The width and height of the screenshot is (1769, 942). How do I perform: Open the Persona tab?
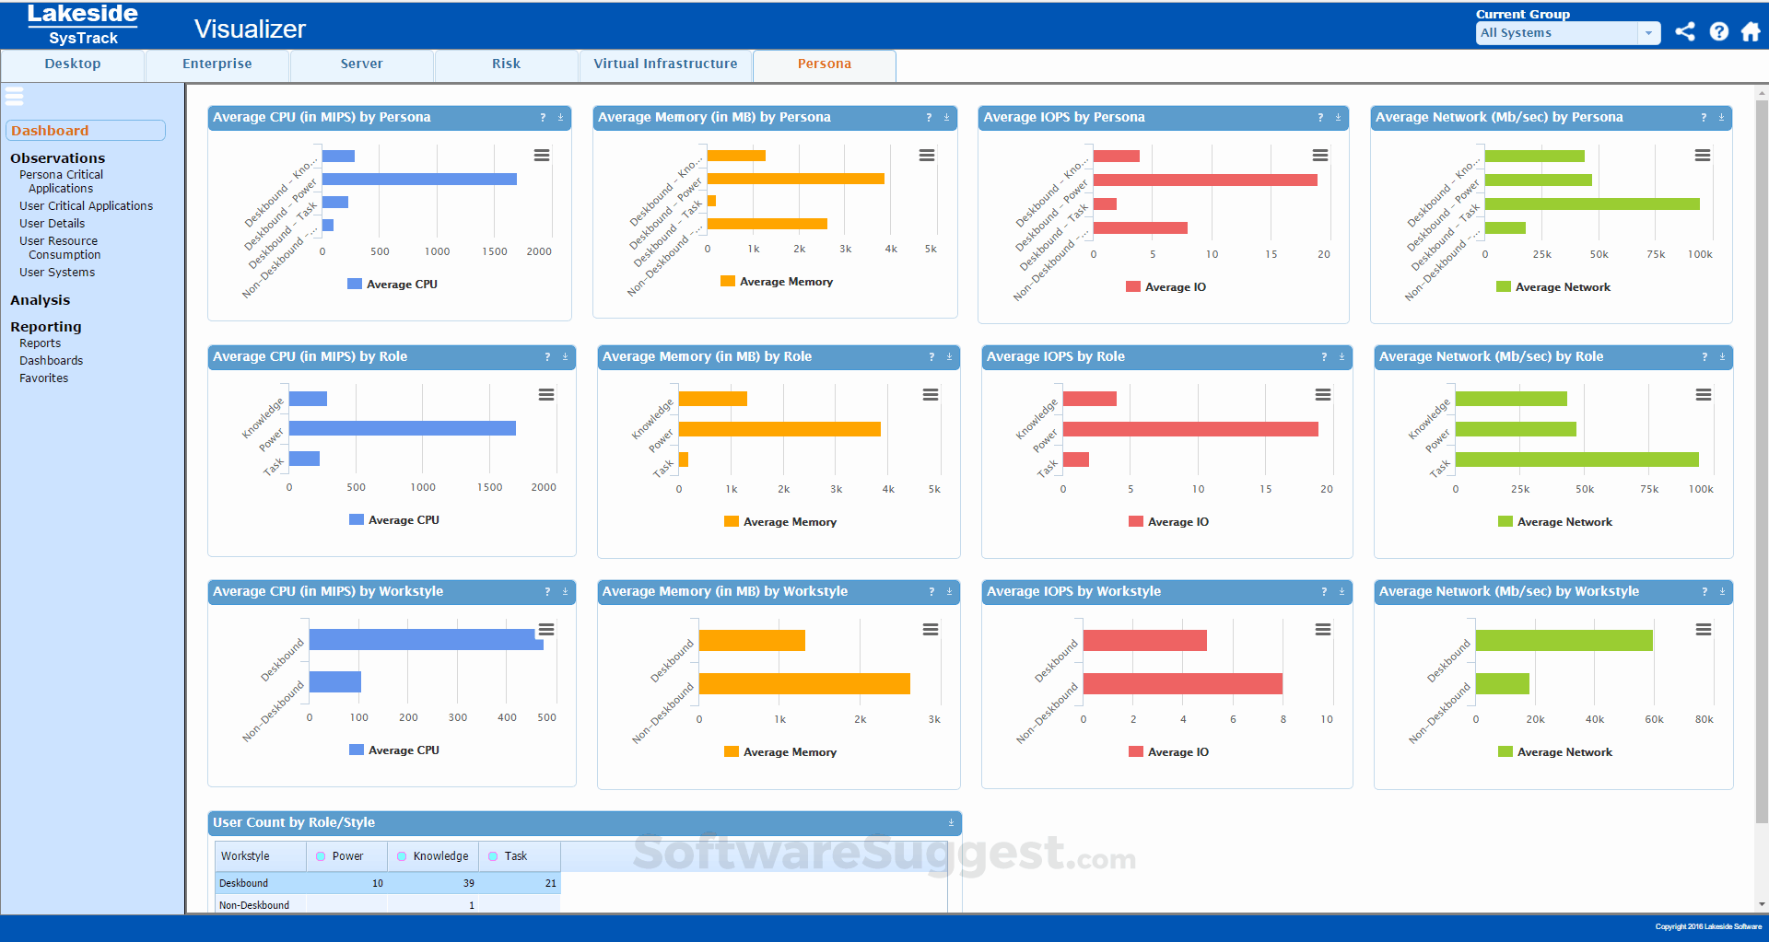pos(824,64)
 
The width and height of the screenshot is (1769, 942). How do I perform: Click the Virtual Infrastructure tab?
pos(665,64)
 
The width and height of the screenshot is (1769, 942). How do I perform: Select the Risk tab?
pos(506,64)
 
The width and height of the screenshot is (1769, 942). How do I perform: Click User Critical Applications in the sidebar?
pos(86,206)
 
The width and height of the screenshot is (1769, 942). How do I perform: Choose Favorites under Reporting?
pos(43,378)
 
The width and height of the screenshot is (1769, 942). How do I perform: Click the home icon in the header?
pos(1750,32)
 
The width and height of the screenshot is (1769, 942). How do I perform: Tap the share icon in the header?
pos(1684,32)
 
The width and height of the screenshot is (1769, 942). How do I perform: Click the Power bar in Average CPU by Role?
pos(402,428)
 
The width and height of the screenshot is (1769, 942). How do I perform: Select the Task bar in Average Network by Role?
pos(1576,459)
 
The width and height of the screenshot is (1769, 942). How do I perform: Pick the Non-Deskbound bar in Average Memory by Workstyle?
pos(803,683)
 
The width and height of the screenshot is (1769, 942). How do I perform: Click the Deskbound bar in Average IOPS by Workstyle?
pos(1144,640)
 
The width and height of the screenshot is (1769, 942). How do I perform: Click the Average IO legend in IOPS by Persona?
pos(1174,287)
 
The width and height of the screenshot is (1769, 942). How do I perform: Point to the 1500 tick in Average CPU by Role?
pos(489,488)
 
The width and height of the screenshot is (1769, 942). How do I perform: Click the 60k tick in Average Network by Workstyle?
pos(1654,720)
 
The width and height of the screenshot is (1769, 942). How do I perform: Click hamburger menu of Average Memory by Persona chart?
pos(926,156)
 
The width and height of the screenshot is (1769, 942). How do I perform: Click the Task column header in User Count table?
pos(515,856)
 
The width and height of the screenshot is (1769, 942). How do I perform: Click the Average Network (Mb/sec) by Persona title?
pos(1498,118)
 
